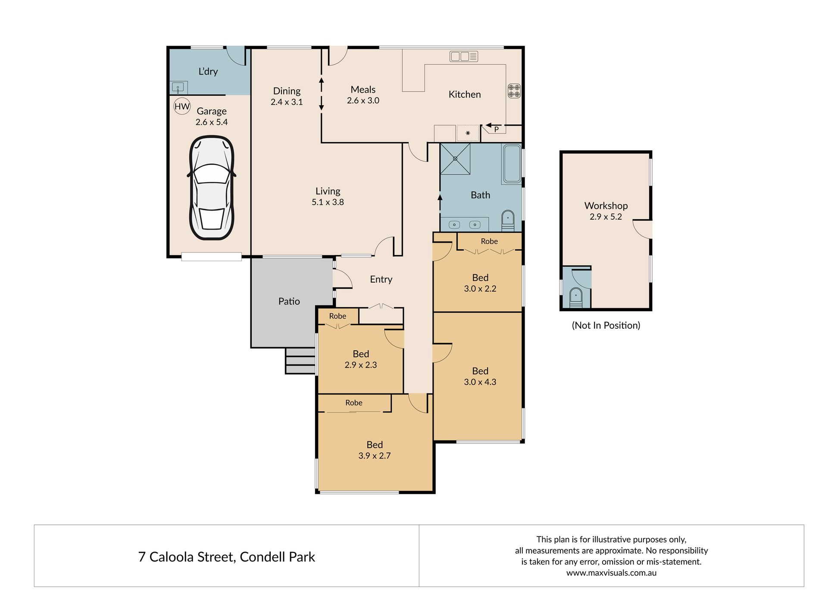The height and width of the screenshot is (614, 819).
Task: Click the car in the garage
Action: (212, 188)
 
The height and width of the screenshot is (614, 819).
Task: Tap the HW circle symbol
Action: (182, 106)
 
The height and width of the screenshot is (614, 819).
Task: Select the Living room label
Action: (328, 191)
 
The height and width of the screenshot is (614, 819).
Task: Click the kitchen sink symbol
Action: (464, 56)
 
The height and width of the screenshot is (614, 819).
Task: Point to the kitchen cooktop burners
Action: (514, 91)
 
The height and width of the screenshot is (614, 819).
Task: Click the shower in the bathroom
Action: (455, 159)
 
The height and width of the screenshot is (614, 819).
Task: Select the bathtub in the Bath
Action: (512, 164)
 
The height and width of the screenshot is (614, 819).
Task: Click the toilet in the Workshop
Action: (576, 298)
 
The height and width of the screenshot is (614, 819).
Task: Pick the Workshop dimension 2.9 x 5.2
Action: (606, 217)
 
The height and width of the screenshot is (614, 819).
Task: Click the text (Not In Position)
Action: (606, 325)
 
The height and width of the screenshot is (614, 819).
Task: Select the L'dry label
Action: (208, 72)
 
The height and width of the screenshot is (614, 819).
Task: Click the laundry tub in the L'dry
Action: (178, 88)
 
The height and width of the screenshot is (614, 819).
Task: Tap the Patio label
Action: (289, 301)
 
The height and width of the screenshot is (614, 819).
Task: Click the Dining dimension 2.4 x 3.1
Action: (287, 102)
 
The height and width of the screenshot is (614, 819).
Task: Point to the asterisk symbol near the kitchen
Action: (468, 134)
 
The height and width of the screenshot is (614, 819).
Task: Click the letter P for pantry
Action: (497, 129)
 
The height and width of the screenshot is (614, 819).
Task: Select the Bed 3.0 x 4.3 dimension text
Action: (480, 382)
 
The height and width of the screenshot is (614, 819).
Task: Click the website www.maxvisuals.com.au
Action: (611, 573)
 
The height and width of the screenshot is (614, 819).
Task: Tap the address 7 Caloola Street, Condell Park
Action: (227, 557)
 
